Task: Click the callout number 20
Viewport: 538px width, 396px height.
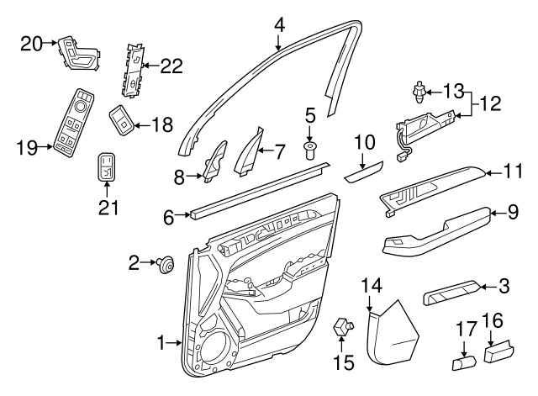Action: coord(31,45)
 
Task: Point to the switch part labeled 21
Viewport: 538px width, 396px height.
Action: coord(107,167)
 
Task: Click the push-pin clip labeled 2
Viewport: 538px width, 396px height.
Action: coord(165,266)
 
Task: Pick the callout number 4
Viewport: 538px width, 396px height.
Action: coord(279,25)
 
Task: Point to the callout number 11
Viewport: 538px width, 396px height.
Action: coord(513,172)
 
